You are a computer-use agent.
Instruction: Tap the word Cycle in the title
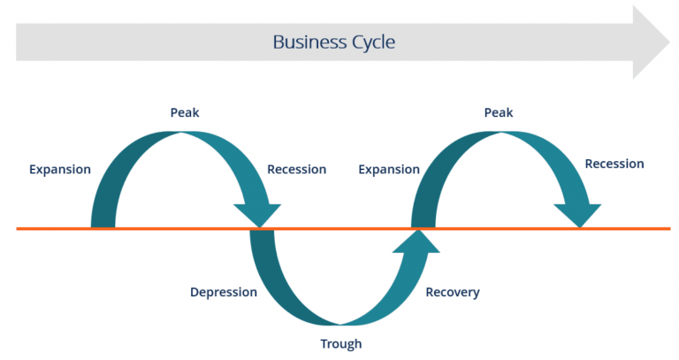(372, 42)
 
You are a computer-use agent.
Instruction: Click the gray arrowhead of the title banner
(651, 42)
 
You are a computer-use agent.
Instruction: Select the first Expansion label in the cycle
(60, 169)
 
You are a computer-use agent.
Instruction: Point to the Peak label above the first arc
(180, 112)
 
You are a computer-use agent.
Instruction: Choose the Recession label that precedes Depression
(296, 169)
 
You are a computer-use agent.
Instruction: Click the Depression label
(224, 292)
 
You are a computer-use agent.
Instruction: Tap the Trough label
(340, 344)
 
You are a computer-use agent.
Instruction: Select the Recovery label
(452, 292)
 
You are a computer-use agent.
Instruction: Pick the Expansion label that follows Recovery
(389, 169)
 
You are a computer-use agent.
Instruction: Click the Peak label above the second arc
(499, 112)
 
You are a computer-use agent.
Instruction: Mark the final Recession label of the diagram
(614, 164)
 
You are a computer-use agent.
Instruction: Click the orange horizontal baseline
(177, 229)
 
